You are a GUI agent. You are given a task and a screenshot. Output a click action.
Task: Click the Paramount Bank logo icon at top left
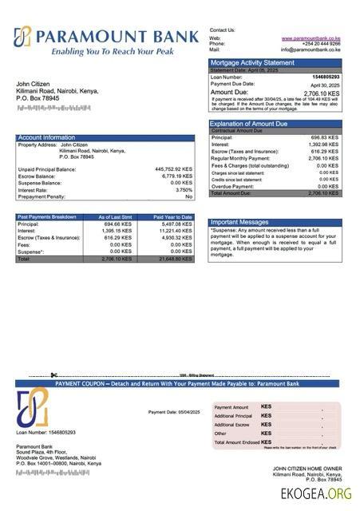[23, 38]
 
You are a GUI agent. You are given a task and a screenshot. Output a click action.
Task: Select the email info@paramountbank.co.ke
[311, 50]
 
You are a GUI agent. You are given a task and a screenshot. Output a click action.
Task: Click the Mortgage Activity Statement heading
[252, 62]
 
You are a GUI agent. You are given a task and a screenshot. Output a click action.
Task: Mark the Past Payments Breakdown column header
[47, 216]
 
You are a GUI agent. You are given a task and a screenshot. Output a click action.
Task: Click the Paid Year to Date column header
[172, 216]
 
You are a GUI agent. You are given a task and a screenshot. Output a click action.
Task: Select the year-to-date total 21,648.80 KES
[176, 259]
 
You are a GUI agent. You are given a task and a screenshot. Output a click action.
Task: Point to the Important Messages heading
[239, 222]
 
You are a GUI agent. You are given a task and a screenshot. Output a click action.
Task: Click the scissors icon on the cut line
[53, 375]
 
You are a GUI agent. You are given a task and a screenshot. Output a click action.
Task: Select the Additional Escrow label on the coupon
[233, 425]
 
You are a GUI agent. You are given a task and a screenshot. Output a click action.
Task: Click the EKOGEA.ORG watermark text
[316, 493]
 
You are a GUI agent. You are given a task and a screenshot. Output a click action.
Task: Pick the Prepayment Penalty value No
[189, 196]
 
